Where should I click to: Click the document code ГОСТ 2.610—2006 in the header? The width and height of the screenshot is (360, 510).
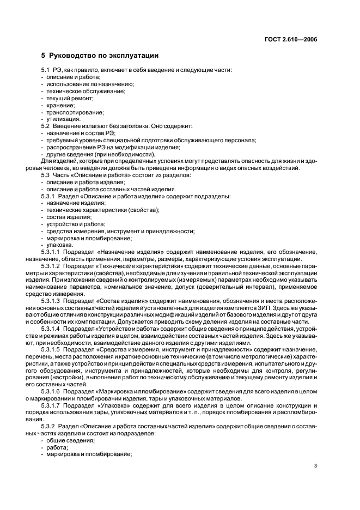click(292, 40)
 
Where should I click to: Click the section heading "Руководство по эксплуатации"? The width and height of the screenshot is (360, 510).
click(104, 56)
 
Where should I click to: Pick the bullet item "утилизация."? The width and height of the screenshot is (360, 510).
click(64, 119)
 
